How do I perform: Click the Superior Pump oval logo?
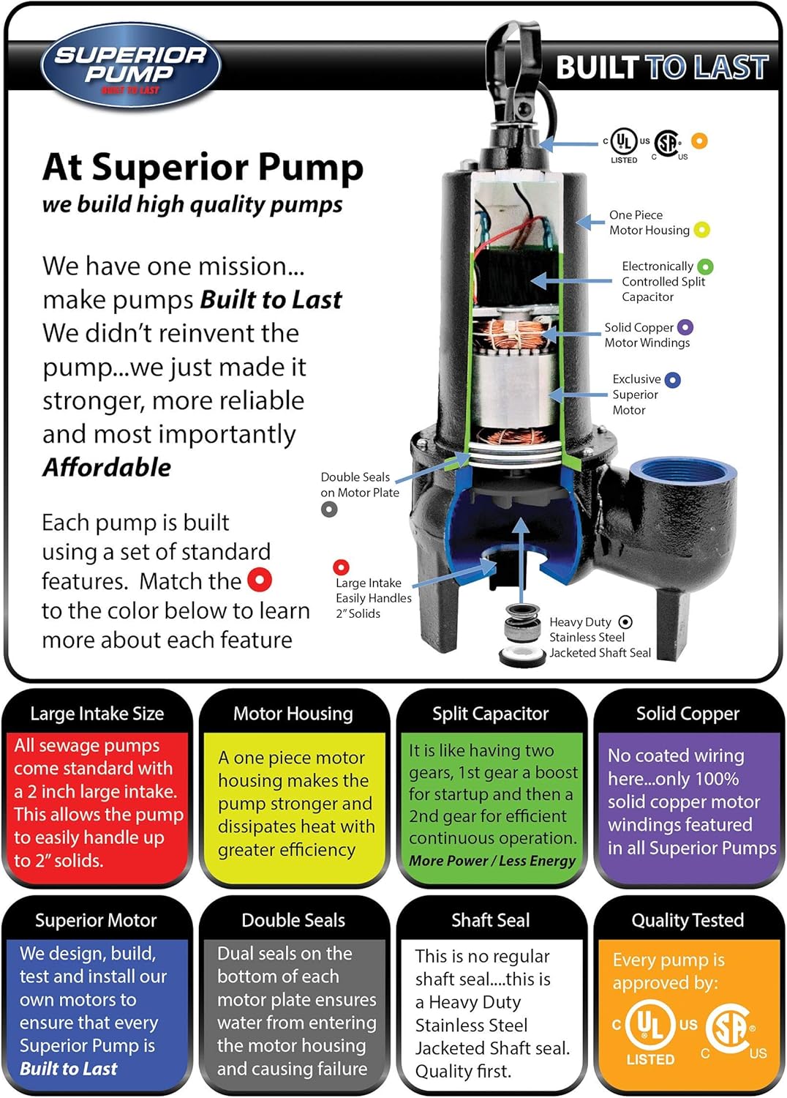point(131,65)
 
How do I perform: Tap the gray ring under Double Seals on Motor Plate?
point(329,509)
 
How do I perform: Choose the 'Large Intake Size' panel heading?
point(97,714)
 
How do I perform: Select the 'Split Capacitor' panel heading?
point(490,714)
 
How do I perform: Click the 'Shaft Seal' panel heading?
point(490,920)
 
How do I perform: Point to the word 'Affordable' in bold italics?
point(107,467)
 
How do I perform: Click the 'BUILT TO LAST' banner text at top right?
point(662,67)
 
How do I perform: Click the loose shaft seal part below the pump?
point(522,636)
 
